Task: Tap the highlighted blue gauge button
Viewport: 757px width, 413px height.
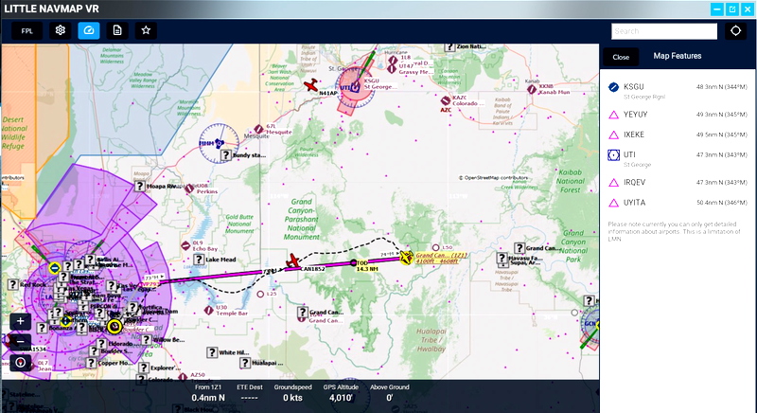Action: tap(89, 30)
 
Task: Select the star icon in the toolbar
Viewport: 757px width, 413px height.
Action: tap(146, 30)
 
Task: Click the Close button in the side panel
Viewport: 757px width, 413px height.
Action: tap(621, 57)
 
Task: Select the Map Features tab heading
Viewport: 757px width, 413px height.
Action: tap(677, 57)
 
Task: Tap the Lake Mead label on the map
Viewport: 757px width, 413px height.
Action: tap(220, 260)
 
